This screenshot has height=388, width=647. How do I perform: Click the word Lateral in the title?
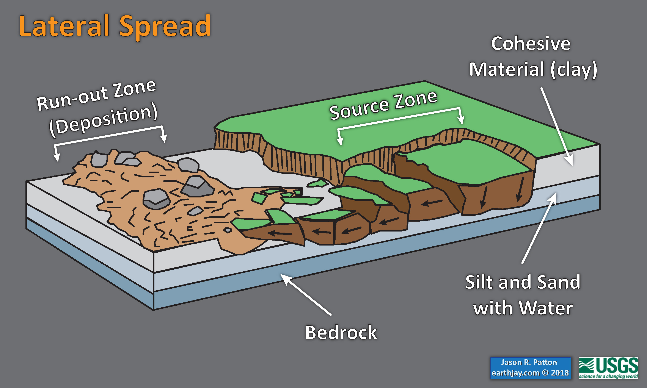coord(64,26)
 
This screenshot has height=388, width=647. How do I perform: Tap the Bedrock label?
coord(341,332)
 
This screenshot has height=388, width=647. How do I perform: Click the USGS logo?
coord(608,368)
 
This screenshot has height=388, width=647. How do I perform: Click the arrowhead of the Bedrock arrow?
coord(284,277)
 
